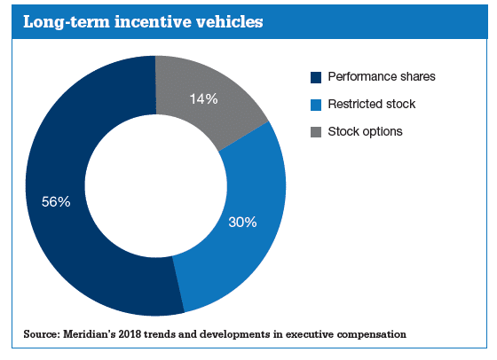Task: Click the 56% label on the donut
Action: point(56,201)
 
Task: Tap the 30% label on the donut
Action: point(242,222)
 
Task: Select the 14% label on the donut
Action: point(204,98)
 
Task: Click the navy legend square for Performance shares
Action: point(316,77)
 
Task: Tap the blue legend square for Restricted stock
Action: point(316,105)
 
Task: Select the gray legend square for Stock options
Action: point(316,132)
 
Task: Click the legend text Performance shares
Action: point(382,76)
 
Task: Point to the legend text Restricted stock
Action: point(372,104)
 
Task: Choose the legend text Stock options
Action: point(365,131)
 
